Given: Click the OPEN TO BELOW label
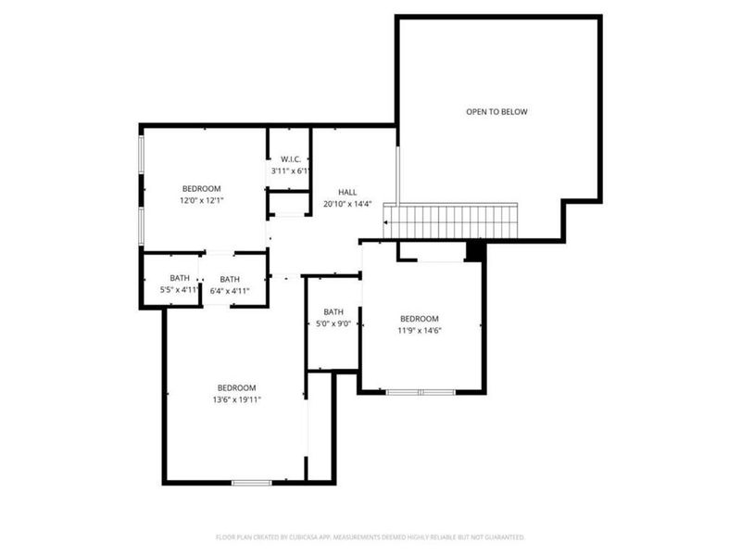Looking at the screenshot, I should [x=496, y=112].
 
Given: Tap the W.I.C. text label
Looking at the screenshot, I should [x=290, y=158].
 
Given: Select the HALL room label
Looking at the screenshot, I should [x=347, y=192].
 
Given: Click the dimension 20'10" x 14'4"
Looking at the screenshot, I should [x=347, y=204].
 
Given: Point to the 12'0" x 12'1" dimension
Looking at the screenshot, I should [x=201, y=200].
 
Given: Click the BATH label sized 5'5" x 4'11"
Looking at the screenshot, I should [x=179, y=279].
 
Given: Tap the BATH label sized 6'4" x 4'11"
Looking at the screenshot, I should [x=230, y=279].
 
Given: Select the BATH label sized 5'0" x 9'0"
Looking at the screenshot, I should [x=333, y=312].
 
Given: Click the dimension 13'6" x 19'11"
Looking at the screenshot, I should [x=237, y=399].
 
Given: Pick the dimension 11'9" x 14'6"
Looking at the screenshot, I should [x=419, y=330].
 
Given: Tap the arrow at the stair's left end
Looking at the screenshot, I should [x=386, y=222].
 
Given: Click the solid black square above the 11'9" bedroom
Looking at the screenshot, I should [x=475, y=251].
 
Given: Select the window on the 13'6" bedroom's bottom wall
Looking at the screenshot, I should [x=251, y=482].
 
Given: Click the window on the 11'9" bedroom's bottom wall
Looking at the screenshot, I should [x=420, y=393].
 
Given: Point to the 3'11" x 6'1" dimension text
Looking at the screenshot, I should [x=290, y=171].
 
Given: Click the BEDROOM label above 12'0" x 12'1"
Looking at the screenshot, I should [x=201, y=188].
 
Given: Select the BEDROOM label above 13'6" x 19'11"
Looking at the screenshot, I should [x=237, y=387].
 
